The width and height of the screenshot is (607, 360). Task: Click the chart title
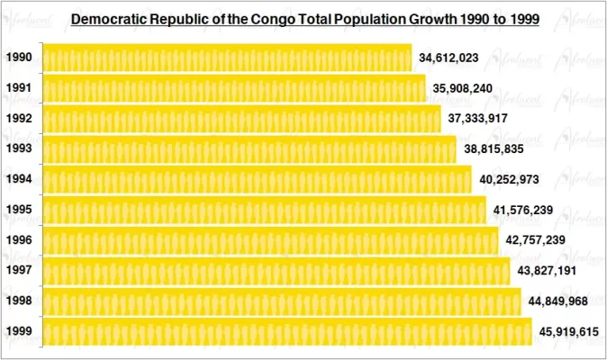304,18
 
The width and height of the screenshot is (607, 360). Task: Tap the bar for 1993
249,149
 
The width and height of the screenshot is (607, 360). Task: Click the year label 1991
19,88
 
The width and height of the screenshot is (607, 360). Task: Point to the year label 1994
19,179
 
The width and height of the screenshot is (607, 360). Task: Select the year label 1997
19,271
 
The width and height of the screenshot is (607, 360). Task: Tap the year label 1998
19,301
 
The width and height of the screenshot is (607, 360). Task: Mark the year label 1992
19,119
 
